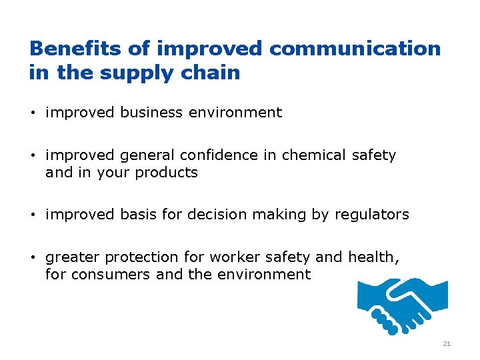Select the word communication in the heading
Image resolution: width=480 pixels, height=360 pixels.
point(355,49)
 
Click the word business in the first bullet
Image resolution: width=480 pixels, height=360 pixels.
point(152,113)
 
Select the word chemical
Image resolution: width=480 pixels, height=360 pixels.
point(313,155)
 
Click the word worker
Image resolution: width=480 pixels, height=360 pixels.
point(230,257)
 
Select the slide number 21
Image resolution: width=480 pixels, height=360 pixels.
point(447,344)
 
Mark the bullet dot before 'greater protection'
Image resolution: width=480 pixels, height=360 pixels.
point(33,257)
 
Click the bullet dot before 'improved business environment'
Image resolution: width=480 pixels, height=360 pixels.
point(33,113)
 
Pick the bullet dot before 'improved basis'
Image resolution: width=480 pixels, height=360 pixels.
point(33,215)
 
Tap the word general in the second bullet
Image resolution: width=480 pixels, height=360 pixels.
point(144,155)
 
